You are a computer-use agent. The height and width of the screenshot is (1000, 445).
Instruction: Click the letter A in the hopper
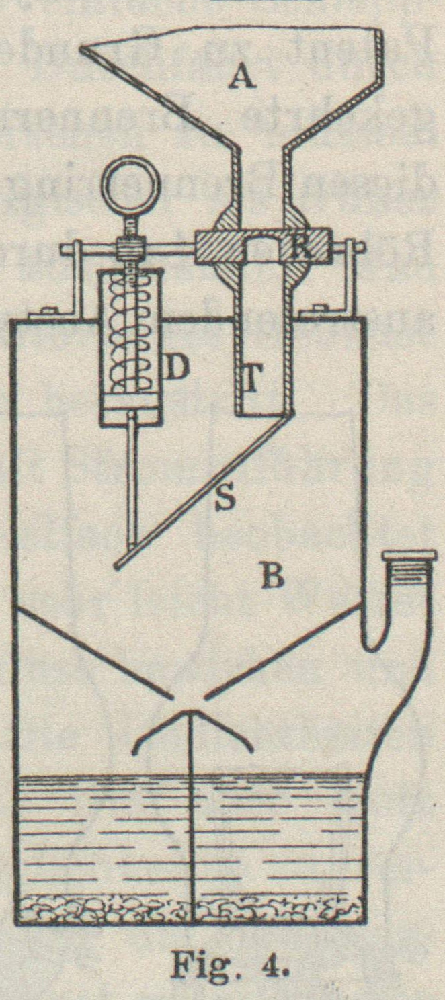[x=242, y=78]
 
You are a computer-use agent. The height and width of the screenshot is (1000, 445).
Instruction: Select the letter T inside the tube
[x=251, y=381]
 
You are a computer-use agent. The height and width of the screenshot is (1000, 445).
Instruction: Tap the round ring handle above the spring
[x=130, y=182]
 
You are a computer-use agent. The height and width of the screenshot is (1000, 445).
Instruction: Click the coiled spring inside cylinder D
[x=131, y=336]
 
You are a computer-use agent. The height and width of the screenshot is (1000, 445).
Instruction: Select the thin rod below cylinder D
[x=131, y=484]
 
